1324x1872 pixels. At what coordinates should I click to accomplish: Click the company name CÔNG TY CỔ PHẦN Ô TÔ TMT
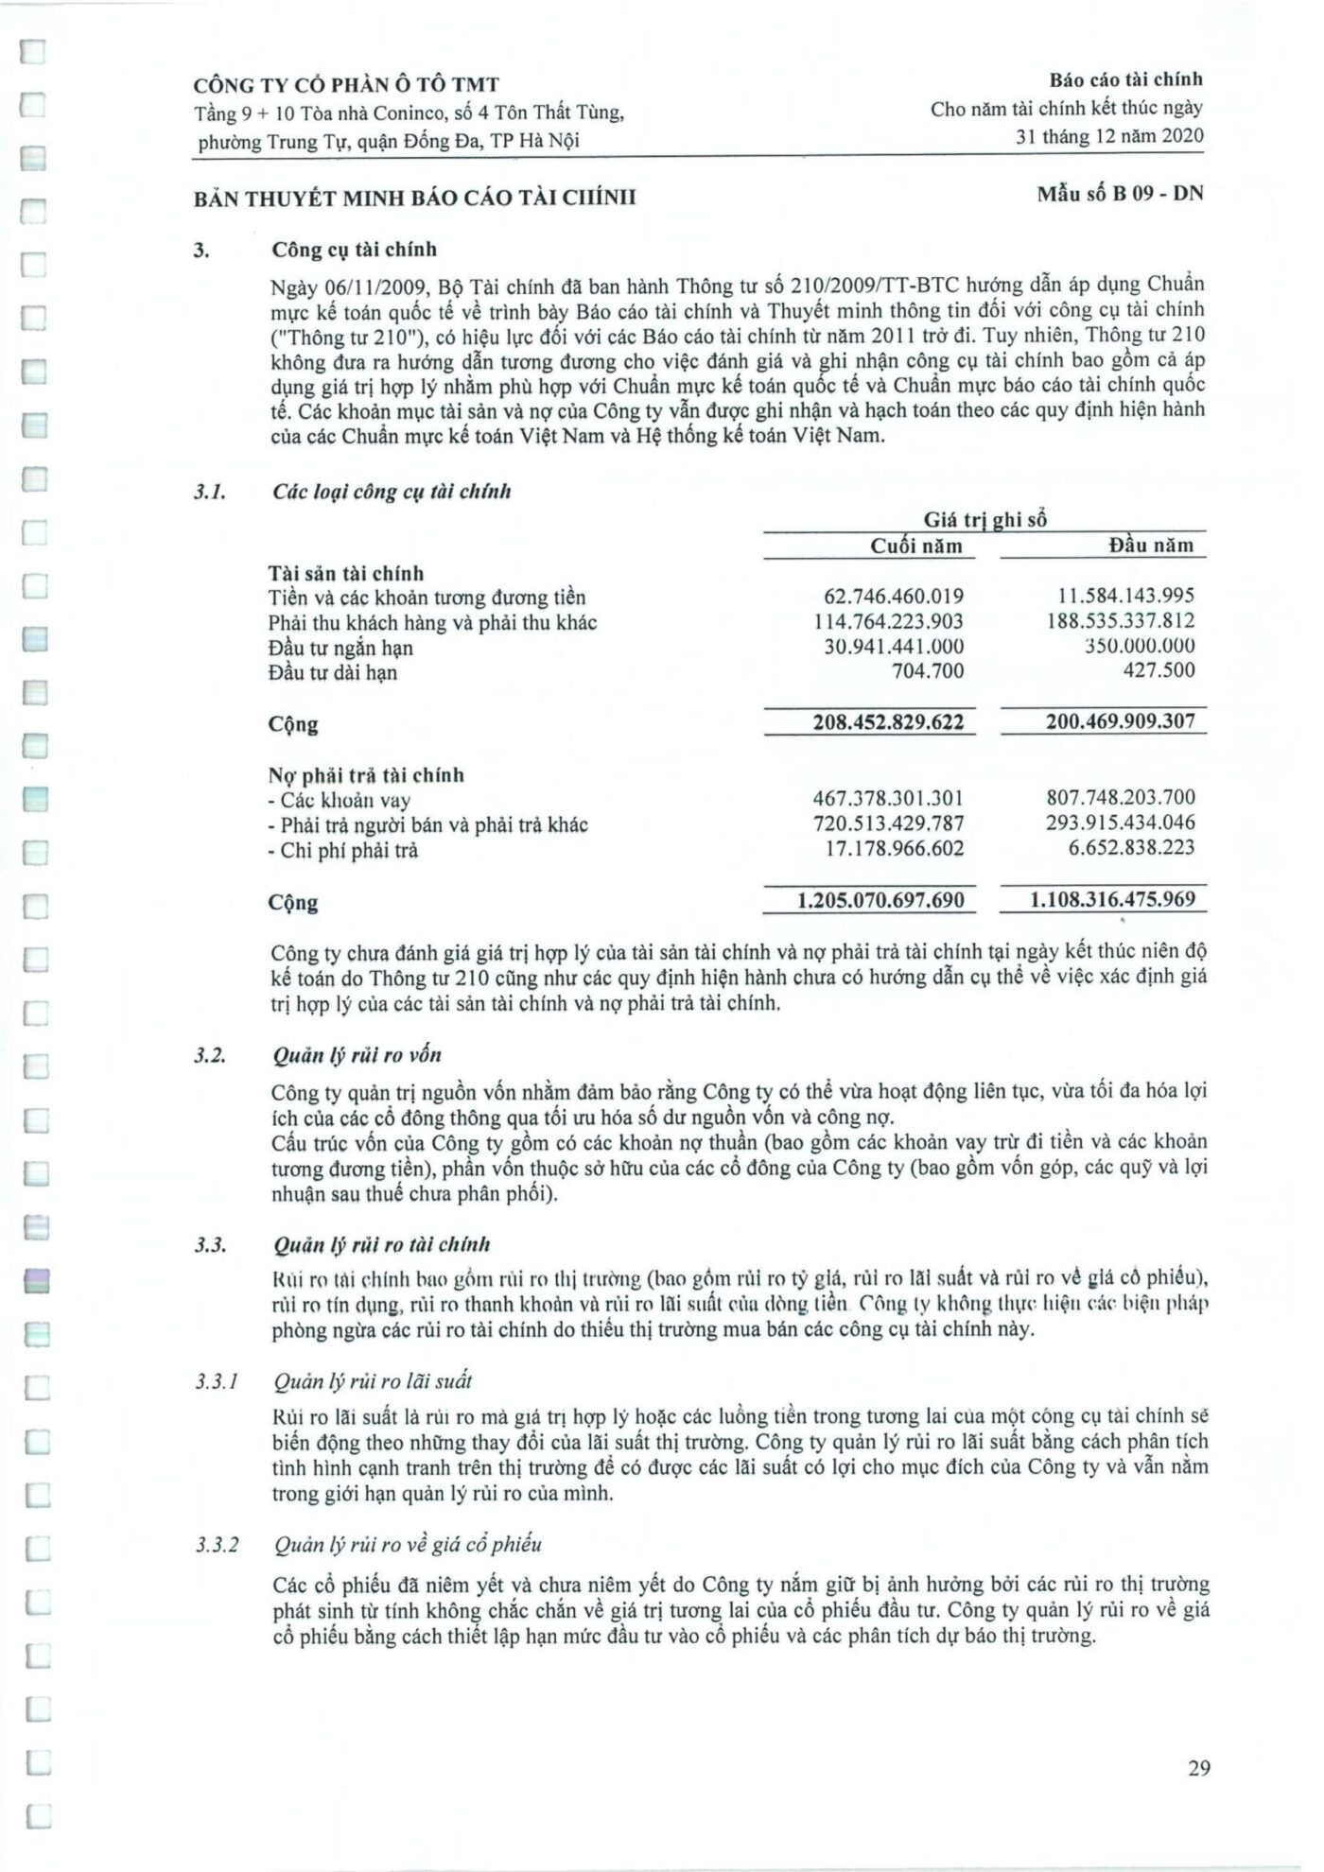(x=346, y=85)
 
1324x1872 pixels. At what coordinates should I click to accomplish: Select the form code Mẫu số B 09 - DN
(x=1120, y=195)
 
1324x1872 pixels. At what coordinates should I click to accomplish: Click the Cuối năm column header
(x=915, y=546)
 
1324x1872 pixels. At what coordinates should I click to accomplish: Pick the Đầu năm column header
(x=1150, y=546)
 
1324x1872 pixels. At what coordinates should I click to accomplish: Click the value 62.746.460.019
(x=894, y=597)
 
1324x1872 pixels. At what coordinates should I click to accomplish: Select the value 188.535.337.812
(x=1120, y=621)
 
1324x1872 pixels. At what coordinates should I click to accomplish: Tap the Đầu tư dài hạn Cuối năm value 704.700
(x=928, y=671)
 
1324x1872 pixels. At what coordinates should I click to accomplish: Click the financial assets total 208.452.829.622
(x=888, y=723)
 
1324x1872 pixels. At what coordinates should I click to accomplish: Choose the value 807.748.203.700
(x=1120, y=798)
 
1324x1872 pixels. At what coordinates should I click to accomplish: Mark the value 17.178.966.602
(x=895, y=849)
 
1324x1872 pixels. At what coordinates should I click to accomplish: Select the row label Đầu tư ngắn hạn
(x=340, y=649)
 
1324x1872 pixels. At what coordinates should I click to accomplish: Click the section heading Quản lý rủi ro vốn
(x=357, y=1055)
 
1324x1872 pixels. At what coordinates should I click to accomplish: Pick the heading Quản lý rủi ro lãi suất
(x=372, y=1382)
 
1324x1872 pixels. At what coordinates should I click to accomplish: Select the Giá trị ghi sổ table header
(x=984, y=519)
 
